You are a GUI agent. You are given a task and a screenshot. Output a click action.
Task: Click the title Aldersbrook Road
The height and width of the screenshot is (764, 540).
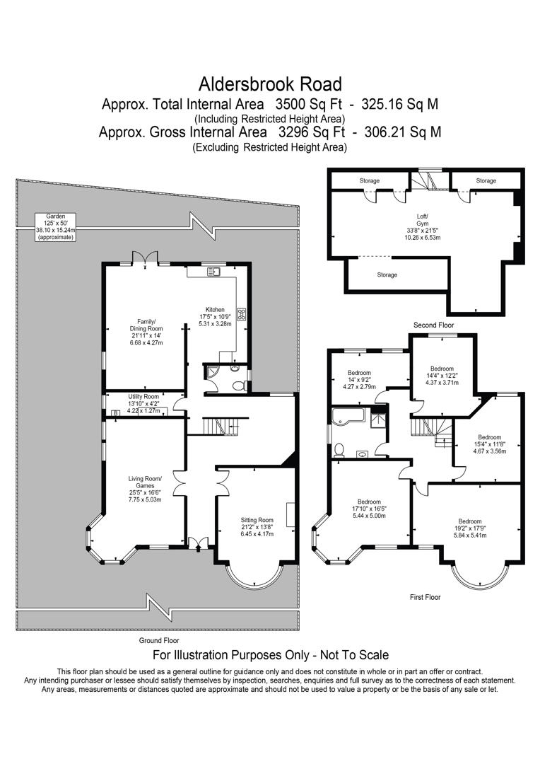pos(270,85)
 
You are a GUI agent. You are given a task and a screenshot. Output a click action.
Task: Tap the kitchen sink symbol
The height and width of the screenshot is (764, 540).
pos(214,271)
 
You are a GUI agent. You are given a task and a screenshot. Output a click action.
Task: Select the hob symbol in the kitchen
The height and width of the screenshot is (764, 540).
pos(241,313)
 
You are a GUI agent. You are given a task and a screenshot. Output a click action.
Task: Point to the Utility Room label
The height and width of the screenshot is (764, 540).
pos(143,397)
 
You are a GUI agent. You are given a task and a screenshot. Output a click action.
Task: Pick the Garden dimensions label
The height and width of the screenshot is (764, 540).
pos(55,226)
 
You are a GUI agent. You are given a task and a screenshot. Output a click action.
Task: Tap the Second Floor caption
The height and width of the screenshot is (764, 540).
pos(433,325)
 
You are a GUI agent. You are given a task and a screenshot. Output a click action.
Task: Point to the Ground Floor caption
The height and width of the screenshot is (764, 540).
pos(159,639)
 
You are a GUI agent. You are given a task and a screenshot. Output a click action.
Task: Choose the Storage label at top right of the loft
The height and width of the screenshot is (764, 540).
pos(486,181)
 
